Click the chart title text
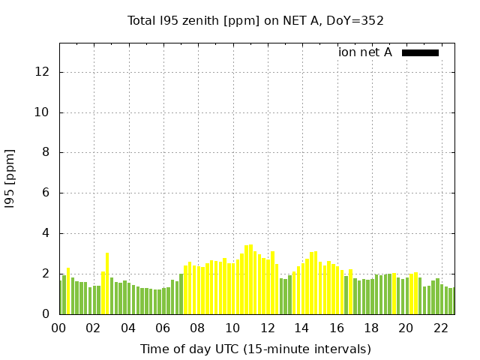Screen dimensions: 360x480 pyautogui.click(x=255, y=21)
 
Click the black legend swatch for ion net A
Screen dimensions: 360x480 pyautogui.click(x=420, y=52)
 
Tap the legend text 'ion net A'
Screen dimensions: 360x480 pyautogui.click(x=365, y=52)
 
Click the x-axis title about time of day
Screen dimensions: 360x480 pyautogui.click(x=255, y=349)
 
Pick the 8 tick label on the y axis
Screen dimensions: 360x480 pyautogui.click(x=46, y=153)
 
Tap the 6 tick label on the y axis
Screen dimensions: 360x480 pyautogui.click(x=46, y=193)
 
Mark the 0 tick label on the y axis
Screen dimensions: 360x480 pyautogui.click(x=46, y=314)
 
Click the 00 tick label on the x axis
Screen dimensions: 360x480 pyautogui.click(x=59, y=328)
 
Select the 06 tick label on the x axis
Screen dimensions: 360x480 pyautogui.click(x=163, y=328)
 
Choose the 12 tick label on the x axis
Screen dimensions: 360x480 pyautogui.click(x=267, y=328)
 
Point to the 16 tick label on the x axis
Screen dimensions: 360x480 pyautogui.click(x=336, y=328)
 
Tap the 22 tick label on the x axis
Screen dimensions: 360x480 pyautogui.click(x=440, y=328)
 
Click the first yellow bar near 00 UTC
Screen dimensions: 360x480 pyautogui.click(x=68, y=292)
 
